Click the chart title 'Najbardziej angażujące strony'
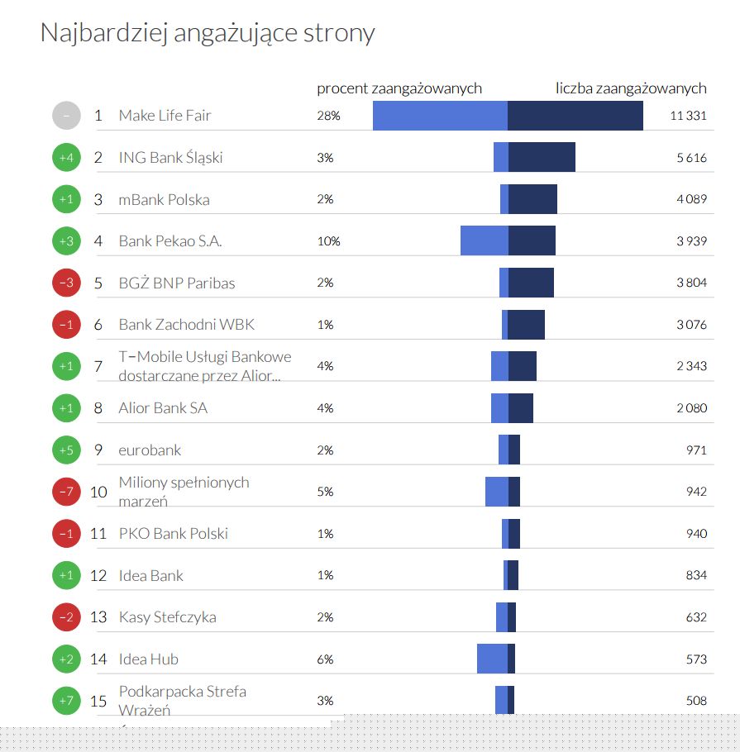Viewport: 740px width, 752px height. [x=207, y=33]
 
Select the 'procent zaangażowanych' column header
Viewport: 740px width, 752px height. [x=399, y=88]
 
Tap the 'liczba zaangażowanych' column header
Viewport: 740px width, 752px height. [x=631, y=88]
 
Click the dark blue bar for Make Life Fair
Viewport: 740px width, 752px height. [x=575, y=116]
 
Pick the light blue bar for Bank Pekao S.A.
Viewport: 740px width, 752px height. [x=484, y=240]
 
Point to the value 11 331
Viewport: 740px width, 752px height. [x=688, y=116]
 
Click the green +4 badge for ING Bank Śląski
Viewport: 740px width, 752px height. [x=66, y=157]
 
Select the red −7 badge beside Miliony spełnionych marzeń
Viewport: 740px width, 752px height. [x=66, y=492]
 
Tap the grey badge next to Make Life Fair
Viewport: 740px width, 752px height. [x=66, y=116]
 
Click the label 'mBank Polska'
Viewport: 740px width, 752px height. [x=164, y=199]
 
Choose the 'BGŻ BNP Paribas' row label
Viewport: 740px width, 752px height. [x=177, y=283]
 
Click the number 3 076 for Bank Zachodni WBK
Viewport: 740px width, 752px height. [x=691, y=325]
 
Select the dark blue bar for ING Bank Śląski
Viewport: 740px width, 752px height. [x=542, y=157]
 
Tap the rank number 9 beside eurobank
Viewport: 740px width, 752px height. [x=98, y=450]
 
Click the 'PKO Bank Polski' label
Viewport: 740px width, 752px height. [x=173, y=534]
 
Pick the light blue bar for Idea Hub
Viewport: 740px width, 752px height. [x=492, y=659]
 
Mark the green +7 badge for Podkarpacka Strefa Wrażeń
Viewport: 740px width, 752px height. [x=66, y=701]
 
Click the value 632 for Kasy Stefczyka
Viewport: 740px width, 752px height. [x=696, y=617]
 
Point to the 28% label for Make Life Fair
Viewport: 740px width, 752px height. [x=328, y=116]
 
